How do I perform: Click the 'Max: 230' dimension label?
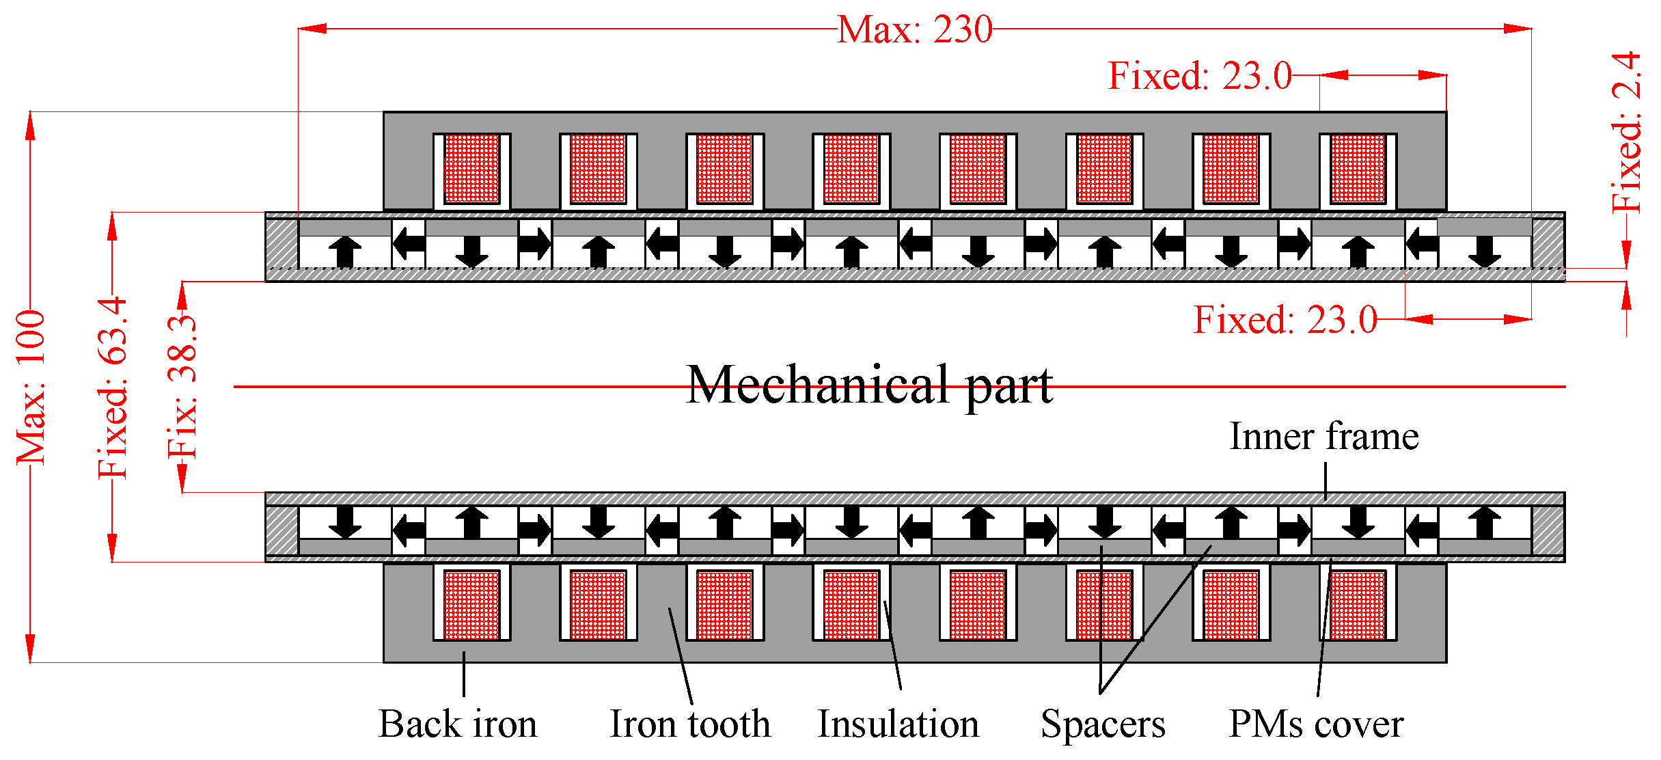coord(914,30)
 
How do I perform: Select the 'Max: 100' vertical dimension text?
coord(31,387)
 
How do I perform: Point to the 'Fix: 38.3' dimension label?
coord(182,387)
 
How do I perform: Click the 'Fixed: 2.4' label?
coord(1626,133)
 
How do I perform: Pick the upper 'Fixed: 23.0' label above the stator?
coord(1200,76)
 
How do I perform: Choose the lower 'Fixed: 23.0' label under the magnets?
coord(1285,320)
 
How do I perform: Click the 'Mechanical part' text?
coord(869,385)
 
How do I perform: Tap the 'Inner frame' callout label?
coord(1323,437)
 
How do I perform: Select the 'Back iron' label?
coord(458,724)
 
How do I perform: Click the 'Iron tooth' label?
coord(690,724)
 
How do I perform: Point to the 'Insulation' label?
coord(898,724)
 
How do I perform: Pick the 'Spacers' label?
coord(1103,724)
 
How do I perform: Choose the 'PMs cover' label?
coord(1316,724)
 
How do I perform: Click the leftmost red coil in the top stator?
coord(471,169)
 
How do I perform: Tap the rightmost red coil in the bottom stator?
coord(1358,605)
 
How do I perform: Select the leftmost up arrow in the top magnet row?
coord(345,252)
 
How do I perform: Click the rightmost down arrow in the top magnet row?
coord(1484,252)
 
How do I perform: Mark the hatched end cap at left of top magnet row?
coord(282,243)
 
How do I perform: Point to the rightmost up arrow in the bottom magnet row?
coord(1484,523)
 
